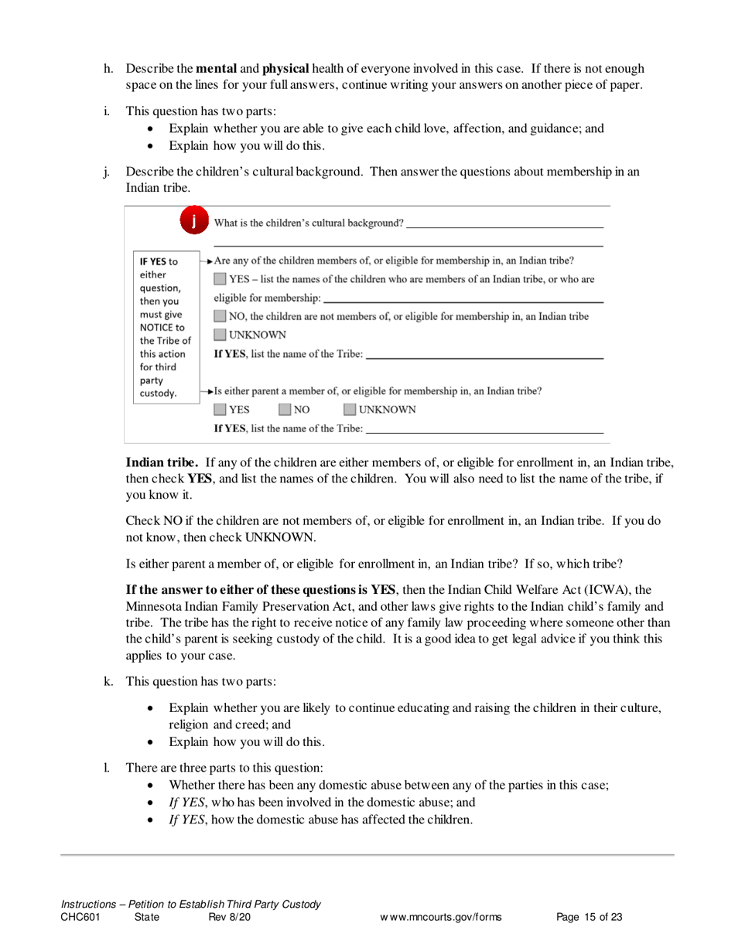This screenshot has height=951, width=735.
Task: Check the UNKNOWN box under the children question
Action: point(220,335)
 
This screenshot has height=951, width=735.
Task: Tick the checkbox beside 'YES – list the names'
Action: point(220,279)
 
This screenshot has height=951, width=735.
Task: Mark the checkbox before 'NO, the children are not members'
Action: point(220,316)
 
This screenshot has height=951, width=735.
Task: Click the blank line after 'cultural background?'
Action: point(504,226)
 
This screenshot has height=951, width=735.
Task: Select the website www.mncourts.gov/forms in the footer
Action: point(440,918)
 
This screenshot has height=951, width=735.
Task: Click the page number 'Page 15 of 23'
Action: point(590,918)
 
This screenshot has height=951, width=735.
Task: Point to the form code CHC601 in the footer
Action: point(80,918)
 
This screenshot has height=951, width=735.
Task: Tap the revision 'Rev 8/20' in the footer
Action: point(229,918)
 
